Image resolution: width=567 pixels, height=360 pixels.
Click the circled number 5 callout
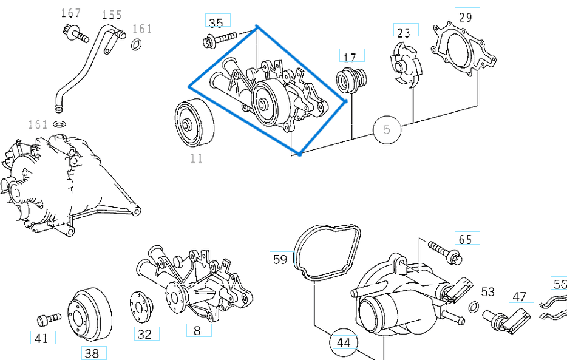tap(388, 130)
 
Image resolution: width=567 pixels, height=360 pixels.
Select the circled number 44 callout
tap(344, 343)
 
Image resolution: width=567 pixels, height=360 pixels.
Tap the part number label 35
tap(216, 23)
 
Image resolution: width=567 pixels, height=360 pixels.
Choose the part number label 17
tap(350, 57)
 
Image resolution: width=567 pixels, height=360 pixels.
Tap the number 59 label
tap(280, 259)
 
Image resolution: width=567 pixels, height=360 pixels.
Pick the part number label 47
tap(520, 296)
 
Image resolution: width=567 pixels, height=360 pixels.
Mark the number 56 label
tap(559, 284)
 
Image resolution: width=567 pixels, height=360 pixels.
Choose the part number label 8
tap(197, 331)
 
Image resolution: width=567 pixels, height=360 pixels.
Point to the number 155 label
tap(111, 15)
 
